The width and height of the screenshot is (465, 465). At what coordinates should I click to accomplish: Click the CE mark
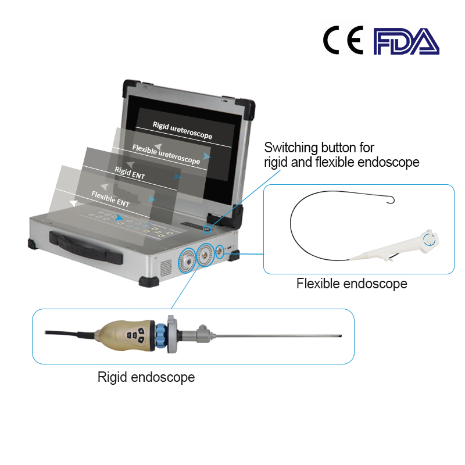(343, 41)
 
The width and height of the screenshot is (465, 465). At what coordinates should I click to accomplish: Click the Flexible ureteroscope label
(166, 153)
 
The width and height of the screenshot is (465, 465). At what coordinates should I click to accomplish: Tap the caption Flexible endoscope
(352, 284)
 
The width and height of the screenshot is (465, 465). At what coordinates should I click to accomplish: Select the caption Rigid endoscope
(146, 377)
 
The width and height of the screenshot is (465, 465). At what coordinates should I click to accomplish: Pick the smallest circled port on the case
(220, 251)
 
